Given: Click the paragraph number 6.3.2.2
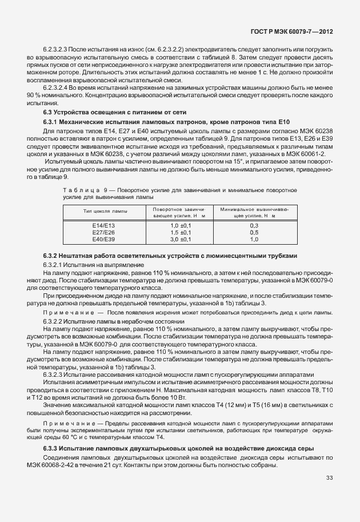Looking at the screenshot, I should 55,322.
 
